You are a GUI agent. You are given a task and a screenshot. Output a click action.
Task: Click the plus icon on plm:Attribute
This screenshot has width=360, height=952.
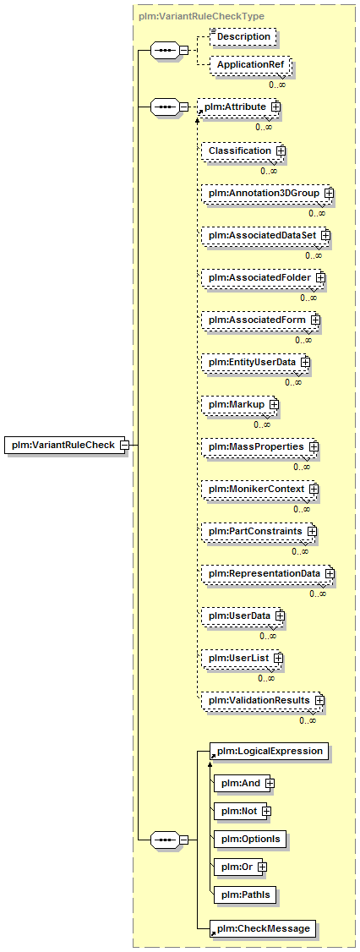(x=275, y=107)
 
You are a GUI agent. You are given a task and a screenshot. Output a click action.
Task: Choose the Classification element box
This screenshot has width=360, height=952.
(x=243, y=150)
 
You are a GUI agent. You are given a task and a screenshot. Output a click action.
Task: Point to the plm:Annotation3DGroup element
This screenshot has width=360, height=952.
(x=268, y=193)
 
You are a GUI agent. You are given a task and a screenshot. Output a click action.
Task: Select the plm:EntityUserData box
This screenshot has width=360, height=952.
(x=255, y=362)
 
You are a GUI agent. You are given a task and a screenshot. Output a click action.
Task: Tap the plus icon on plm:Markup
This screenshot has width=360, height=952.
(x=274, y=404)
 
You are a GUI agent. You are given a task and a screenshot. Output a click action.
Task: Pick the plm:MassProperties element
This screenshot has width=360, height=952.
(x=260, y=446)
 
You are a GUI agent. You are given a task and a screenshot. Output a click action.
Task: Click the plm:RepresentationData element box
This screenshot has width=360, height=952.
(x=269, y=573)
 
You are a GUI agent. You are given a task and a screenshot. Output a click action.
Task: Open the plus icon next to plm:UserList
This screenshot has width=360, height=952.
(x=278, y=658)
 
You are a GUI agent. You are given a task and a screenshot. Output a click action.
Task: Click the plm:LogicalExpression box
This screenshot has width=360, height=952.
(x=270, y=751)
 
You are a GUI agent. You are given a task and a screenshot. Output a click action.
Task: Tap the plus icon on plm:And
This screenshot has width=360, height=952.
(x=269, y=783)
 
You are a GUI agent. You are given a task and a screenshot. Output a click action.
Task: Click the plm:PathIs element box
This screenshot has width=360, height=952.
(x=246, y=894)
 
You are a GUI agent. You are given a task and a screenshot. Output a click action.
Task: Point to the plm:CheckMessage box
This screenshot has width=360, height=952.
(x=262, y=928)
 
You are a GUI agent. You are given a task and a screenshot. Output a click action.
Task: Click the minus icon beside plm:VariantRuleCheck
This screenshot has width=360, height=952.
(x=124, y=445)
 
